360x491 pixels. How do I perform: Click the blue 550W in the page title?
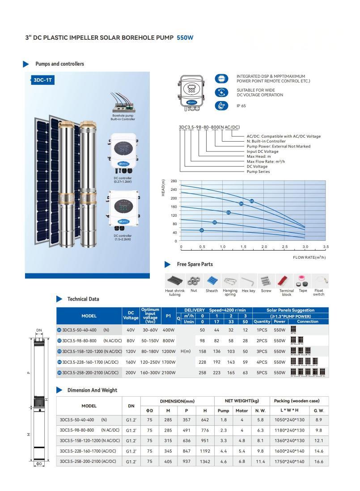185,38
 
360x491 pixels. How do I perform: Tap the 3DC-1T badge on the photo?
40,80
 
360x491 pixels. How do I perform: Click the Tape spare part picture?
303,281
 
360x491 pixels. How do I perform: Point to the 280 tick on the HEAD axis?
174,181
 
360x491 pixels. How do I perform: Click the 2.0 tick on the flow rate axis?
264,247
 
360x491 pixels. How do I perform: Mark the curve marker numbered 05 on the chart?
252,201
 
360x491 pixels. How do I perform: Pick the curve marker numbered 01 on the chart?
202,230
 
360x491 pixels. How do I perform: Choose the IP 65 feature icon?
221,106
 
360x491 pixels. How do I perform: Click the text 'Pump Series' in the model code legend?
258,172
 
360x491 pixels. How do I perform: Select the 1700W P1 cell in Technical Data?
169,362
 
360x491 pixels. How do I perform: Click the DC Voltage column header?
131,315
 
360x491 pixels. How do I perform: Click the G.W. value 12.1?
318,441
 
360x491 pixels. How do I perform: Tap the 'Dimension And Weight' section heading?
92,390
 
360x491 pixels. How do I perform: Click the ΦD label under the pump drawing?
39,464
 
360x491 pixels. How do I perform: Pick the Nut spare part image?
194,281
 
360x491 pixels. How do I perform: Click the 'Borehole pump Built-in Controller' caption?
123,118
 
